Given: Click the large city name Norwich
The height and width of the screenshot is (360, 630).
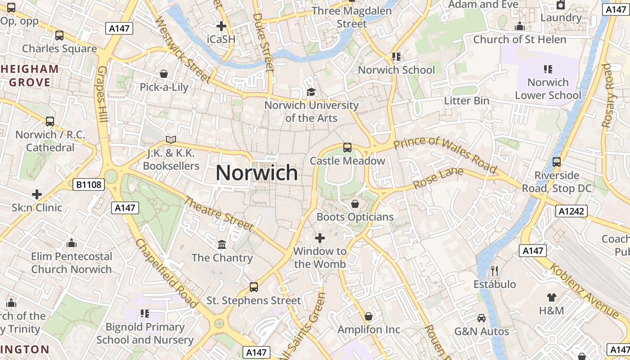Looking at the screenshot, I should pyautogui.click(x=256, y=173).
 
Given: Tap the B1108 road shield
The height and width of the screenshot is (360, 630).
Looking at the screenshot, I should pyautogui.click(x=89, y=184).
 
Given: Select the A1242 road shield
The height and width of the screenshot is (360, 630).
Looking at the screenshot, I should pyautogui.click(x=571, y=211).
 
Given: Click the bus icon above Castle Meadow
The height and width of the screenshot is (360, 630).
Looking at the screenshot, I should pyautogui.click(x=347, y=147).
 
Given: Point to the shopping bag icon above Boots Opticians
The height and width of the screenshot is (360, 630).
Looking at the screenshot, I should pyautogui.click(x=355, y=204).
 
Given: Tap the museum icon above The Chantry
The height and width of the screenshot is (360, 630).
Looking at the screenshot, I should pyautogui.click(x=222, y=244).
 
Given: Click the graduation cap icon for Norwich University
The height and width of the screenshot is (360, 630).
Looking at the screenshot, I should pyautogui.click(x=311, y=92).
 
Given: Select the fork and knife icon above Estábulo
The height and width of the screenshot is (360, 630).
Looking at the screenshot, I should pyautogui.click(x=495, y=270).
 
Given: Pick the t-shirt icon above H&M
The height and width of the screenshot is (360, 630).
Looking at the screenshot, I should pyautogui.click(x=552, y=297).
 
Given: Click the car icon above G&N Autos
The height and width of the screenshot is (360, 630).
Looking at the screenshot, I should pyautogui.click(x=481, y=318).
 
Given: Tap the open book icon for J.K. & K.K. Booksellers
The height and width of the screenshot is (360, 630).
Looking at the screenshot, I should pyautogui.click(x=171, y=140).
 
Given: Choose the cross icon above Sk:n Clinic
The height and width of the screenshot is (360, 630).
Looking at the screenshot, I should pyautogui.click(x=37, y=194).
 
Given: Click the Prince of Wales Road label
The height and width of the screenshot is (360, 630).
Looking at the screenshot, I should pyautogui.click(x=445, y=155).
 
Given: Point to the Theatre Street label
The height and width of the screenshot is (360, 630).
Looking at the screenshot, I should pyautogui.click(x=219, y=214).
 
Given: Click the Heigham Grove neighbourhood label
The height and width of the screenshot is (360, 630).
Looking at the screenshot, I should pyautogui.click(x=30, y=76).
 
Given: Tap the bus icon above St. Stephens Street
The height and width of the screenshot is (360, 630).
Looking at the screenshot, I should pyautogui.click(x=254, y=287).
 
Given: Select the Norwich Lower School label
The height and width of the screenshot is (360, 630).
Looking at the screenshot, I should pyautogui.click(x=548, y=89).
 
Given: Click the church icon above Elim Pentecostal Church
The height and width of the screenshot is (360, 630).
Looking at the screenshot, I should pyautogui.click(x=71, y=243).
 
